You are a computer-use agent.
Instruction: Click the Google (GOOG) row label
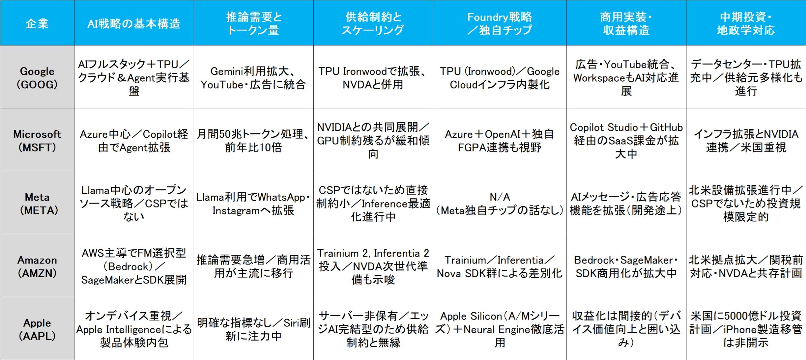point(37,78)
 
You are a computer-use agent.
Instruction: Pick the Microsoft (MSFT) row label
point(37,140)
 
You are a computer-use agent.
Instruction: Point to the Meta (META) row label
point(37,203)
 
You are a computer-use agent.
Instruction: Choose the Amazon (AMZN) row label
point(37,266)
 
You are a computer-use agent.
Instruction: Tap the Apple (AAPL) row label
point(37,329)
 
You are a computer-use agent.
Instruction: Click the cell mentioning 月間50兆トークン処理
point(253,140)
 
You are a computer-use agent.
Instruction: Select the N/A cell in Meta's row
point(500,203)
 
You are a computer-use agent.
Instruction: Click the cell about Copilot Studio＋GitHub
point(626,140)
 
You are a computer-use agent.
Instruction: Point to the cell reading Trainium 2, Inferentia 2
point(373,266)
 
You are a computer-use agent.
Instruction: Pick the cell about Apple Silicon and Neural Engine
point(500,329)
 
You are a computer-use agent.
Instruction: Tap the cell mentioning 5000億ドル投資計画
point(746,329)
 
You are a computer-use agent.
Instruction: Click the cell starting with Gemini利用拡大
point(253,78)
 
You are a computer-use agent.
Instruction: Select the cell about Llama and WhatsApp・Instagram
point(253,203)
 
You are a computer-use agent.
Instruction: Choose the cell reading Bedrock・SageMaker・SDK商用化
point(626,266)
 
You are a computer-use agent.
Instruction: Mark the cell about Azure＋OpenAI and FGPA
point(500,140)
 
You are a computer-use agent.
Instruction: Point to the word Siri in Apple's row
point(291,323)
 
